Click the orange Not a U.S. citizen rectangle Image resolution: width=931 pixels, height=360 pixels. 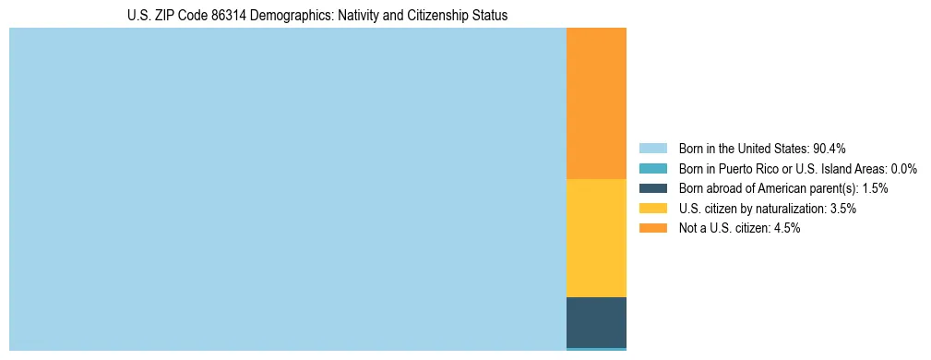(x=596, y=103)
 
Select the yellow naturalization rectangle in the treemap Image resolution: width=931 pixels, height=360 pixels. (x=596, y=238)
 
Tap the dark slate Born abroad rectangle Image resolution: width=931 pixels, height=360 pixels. (x=596, y=322)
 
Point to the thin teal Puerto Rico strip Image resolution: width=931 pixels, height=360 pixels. (x=596, y=349)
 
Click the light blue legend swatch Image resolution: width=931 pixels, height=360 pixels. (x=652, y=149)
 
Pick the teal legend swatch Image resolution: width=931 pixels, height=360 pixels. (x=652, y=169)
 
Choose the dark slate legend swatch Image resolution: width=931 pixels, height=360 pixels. (x=652, y=188)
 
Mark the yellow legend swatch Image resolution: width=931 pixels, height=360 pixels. (x=652, y=209)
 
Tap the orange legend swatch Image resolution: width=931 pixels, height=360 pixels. (x=652, y=229)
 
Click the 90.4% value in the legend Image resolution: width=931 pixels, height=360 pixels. (x=829, y=149)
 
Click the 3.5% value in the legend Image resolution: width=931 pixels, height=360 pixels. (x=842, y=209)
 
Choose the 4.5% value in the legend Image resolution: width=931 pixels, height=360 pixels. (x=785, y=229)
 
